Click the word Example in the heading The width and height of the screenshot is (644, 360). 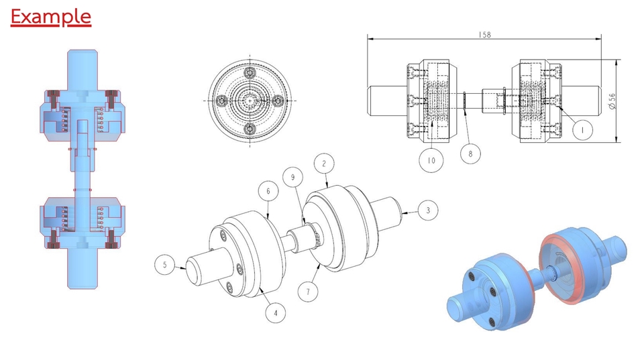point(50,16)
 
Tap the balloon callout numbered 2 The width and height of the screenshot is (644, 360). point(324,163)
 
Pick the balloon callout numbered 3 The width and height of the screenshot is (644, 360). point(428,210)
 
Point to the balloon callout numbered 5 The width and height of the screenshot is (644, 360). point(164,265)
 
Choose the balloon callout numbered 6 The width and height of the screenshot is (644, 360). point(268,191)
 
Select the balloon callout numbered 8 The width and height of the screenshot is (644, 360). point(470,154)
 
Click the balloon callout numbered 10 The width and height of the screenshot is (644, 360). point(431,160)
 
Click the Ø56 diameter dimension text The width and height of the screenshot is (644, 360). point(612,101)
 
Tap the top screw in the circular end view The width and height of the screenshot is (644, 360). point(250,72)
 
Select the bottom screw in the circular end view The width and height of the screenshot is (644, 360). point(250,127)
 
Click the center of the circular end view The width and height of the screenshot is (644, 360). point(250,100)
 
